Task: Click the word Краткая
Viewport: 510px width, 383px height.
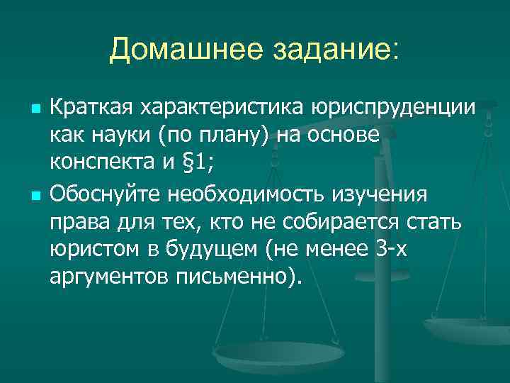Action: pyautogui.click(x=91, y=107)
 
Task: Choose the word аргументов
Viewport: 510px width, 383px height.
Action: pyautogui.click(x=107, y=277)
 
